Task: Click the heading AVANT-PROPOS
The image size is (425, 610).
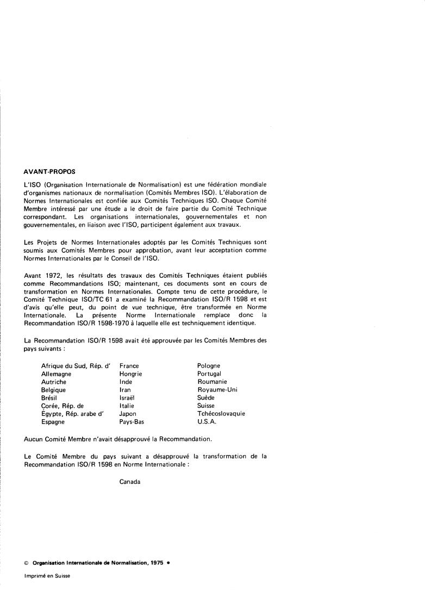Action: click(50, 171)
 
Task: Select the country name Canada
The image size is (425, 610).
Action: click(130, 482)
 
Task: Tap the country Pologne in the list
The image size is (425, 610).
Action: click(209, 366)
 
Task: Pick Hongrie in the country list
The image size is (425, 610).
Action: click(130, 374)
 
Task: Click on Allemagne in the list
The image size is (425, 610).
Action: click(56, 374)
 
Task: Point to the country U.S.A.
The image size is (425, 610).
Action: click(207, 421)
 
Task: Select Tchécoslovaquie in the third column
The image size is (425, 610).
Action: click(221, 413)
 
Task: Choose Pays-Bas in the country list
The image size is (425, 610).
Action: click(132, 421)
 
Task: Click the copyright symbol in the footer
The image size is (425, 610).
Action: click(27, 564)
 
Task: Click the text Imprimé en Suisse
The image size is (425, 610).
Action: click(47, 576)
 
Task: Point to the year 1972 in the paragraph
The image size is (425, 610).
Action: click(53, 275)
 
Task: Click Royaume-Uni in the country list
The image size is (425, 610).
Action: click(217, 390)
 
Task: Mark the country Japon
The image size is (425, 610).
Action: click(128, 413)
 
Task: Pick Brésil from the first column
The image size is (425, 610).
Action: click(50, 397)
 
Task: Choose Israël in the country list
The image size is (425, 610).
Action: click(127, 397)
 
